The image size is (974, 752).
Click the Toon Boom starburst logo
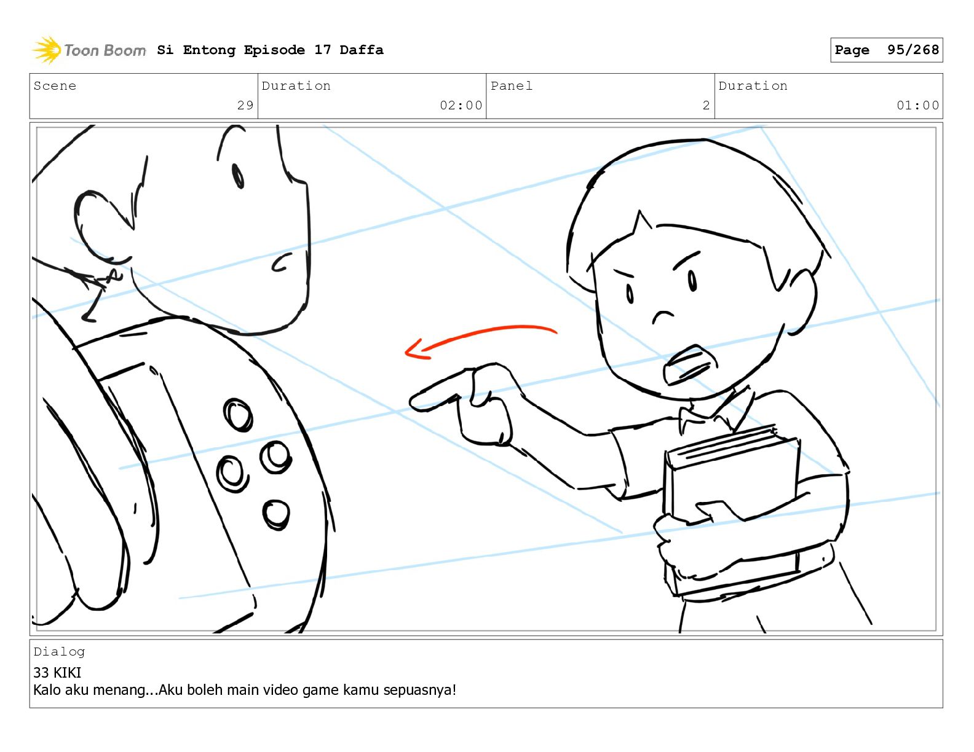47,50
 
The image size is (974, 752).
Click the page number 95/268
913,50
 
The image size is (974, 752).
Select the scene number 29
245,105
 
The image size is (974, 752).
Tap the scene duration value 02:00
461,105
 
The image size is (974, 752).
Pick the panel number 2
706,105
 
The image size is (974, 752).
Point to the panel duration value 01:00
917,105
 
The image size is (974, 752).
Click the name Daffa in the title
362,50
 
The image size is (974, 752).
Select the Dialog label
59,652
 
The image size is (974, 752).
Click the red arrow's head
414,350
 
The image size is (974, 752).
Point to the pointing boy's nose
663,316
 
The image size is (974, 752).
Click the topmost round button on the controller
238,415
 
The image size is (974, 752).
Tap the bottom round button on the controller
275,515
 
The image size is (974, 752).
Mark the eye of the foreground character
238,176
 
